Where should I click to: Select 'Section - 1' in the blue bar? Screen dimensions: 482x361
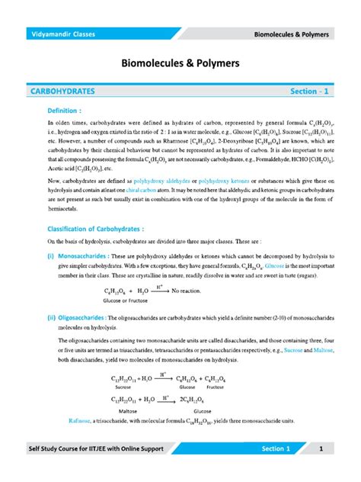click(311, 91)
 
